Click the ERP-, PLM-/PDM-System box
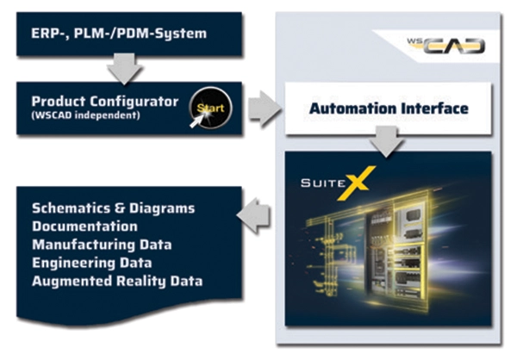129,34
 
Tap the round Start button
210,108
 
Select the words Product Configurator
105,102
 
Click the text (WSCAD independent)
85,115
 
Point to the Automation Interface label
389,109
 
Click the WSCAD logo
446,46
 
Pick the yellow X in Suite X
357,183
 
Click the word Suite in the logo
323,183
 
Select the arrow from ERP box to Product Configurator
124,69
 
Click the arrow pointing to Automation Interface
265,109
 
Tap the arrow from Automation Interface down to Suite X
386,142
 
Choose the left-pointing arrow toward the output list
253,215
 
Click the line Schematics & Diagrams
114,208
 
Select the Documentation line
84,227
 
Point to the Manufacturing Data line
102,245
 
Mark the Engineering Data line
92,263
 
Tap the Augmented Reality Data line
117,282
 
